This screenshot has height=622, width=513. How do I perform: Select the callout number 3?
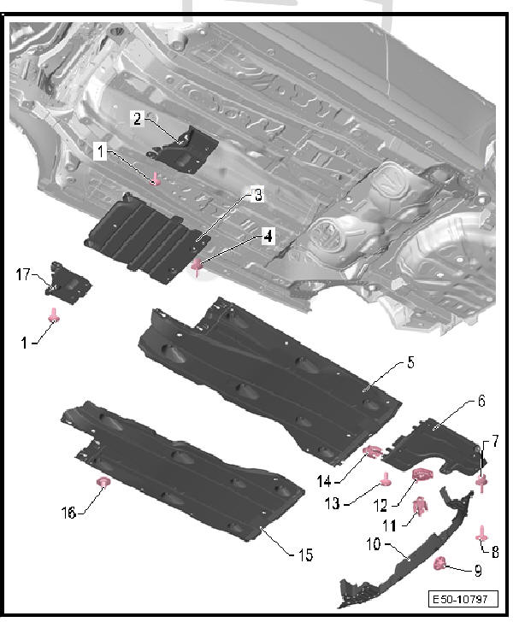pyautogui.click(x=258, y=195)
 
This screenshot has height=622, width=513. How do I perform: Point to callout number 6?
pyautogui.click(x=481, y=401)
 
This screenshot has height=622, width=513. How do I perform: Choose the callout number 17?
pyautogui.click(x=24, y=274)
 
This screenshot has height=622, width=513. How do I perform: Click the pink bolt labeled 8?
pyautogui.click(x=482, y=534)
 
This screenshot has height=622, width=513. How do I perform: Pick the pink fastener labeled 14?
pyautogui.click(x=373, y=452)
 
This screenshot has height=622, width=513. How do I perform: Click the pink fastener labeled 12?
pyautogui.click(x=422, y=475)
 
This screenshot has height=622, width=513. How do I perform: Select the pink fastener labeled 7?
pyautogui.click(x=481, y=484)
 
